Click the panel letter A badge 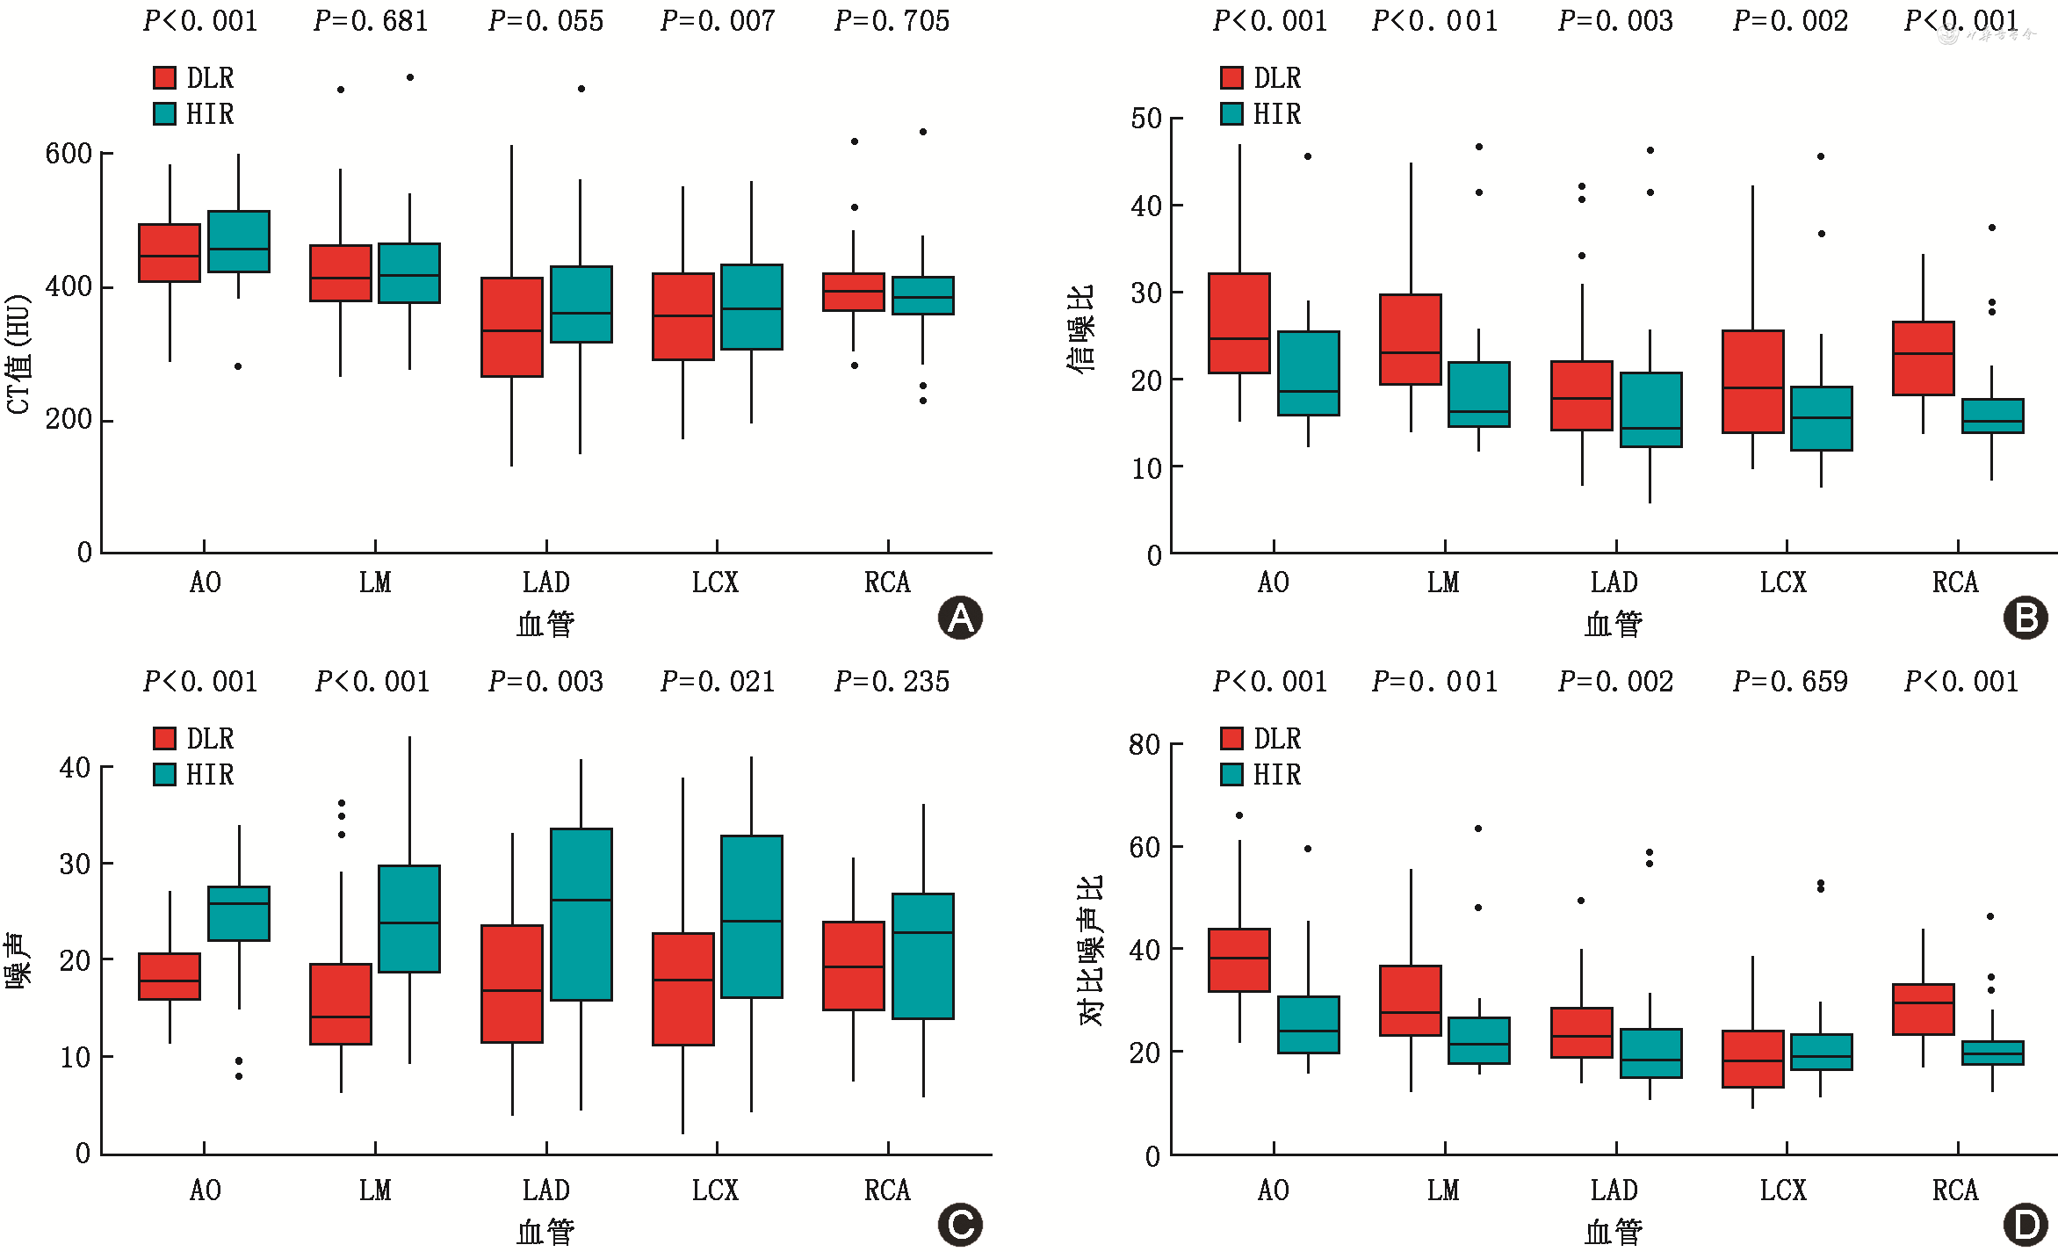tap(960, 618)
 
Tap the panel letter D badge tap(2026, 1226)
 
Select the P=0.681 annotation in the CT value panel tap(371, 21)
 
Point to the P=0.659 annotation tap(1790, 682)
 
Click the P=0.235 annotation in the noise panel tap(892, 682)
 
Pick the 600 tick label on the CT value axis tap(69, 154)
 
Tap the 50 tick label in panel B tap(1146, 119)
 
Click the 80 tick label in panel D tap(1145, 745)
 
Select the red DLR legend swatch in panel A tap(164, 77)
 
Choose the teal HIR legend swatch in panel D tap(1231, 774)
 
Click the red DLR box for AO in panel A tap(170, 253)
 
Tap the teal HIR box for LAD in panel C tap(581, 914)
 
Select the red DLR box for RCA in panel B tap(1923, 358)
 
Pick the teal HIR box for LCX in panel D tap(1821, 1052)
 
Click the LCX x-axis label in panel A tap(715, 583)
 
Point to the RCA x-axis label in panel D tap(1954, 1190)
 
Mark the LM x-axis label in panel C tap(375, 1190)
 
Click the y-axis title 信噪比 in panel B tap(1081, 329)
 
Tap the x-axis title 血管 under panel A tap(545, 625)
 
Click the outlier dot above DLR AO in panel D tap(1239, 815)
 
